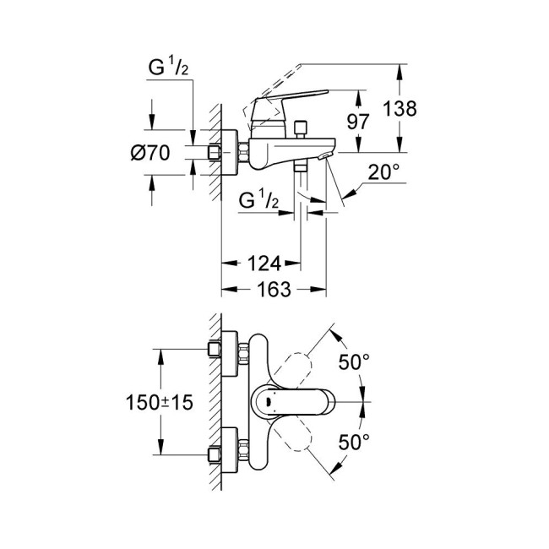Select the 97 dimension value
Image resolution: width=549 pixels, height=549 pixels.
pos(358,121)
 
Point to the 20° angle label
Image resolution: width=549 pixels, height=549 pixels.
pos(383,172)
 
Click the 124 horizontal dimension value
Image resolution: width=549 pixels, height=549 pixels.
pos(263,264)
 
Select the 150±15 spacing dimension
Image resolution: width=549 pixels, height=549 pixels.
pos(161,403)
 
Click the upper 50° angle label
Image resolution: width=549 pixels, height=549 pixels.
pos(354,362)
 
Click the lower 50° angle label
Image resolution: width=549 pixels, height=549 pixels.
pos(354,442)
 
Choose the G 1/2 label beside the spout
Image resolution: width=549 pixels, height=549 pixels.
pos(258,201)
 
